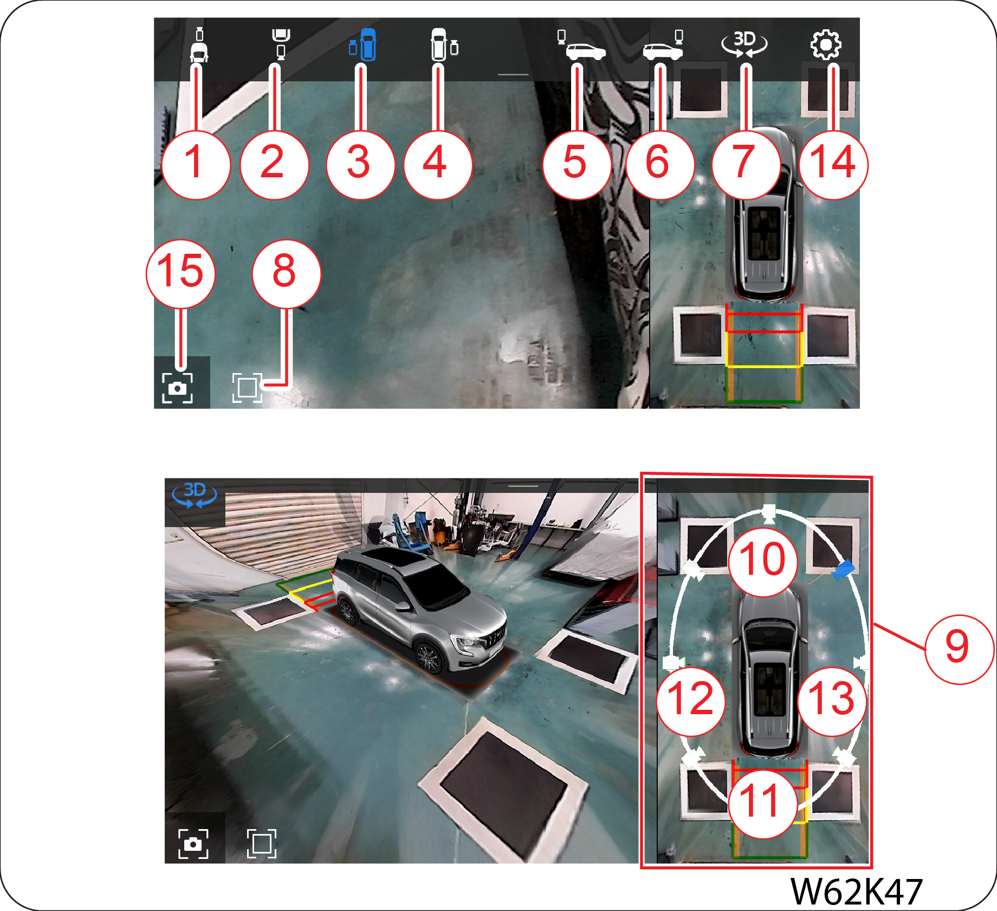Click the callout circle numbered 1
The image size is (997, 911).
point(196,165)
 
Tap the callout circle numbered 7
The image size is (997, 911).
point(746,165)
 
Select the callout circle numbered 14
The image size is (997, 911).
point(833,165)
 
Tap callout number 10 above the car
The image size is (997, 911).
point(763,562)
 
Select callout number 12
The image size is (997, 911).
point(691,701)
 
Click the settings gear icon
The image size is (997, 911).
point(826,44)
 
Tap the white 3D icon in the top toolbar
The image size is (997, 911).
point(744,44)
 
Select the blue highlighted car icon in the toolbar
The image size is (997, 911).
point(364,44)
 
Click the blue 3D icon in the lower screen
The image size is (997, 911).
point(195,495)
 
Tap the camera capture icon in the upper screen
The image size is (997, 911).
point(177,388)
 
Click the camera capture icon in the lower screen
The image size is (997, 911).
point(193,843)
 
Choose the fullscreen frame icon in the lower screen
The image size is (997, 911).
point(262,843)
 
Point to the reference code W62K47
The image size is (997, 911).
point(856,890)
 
